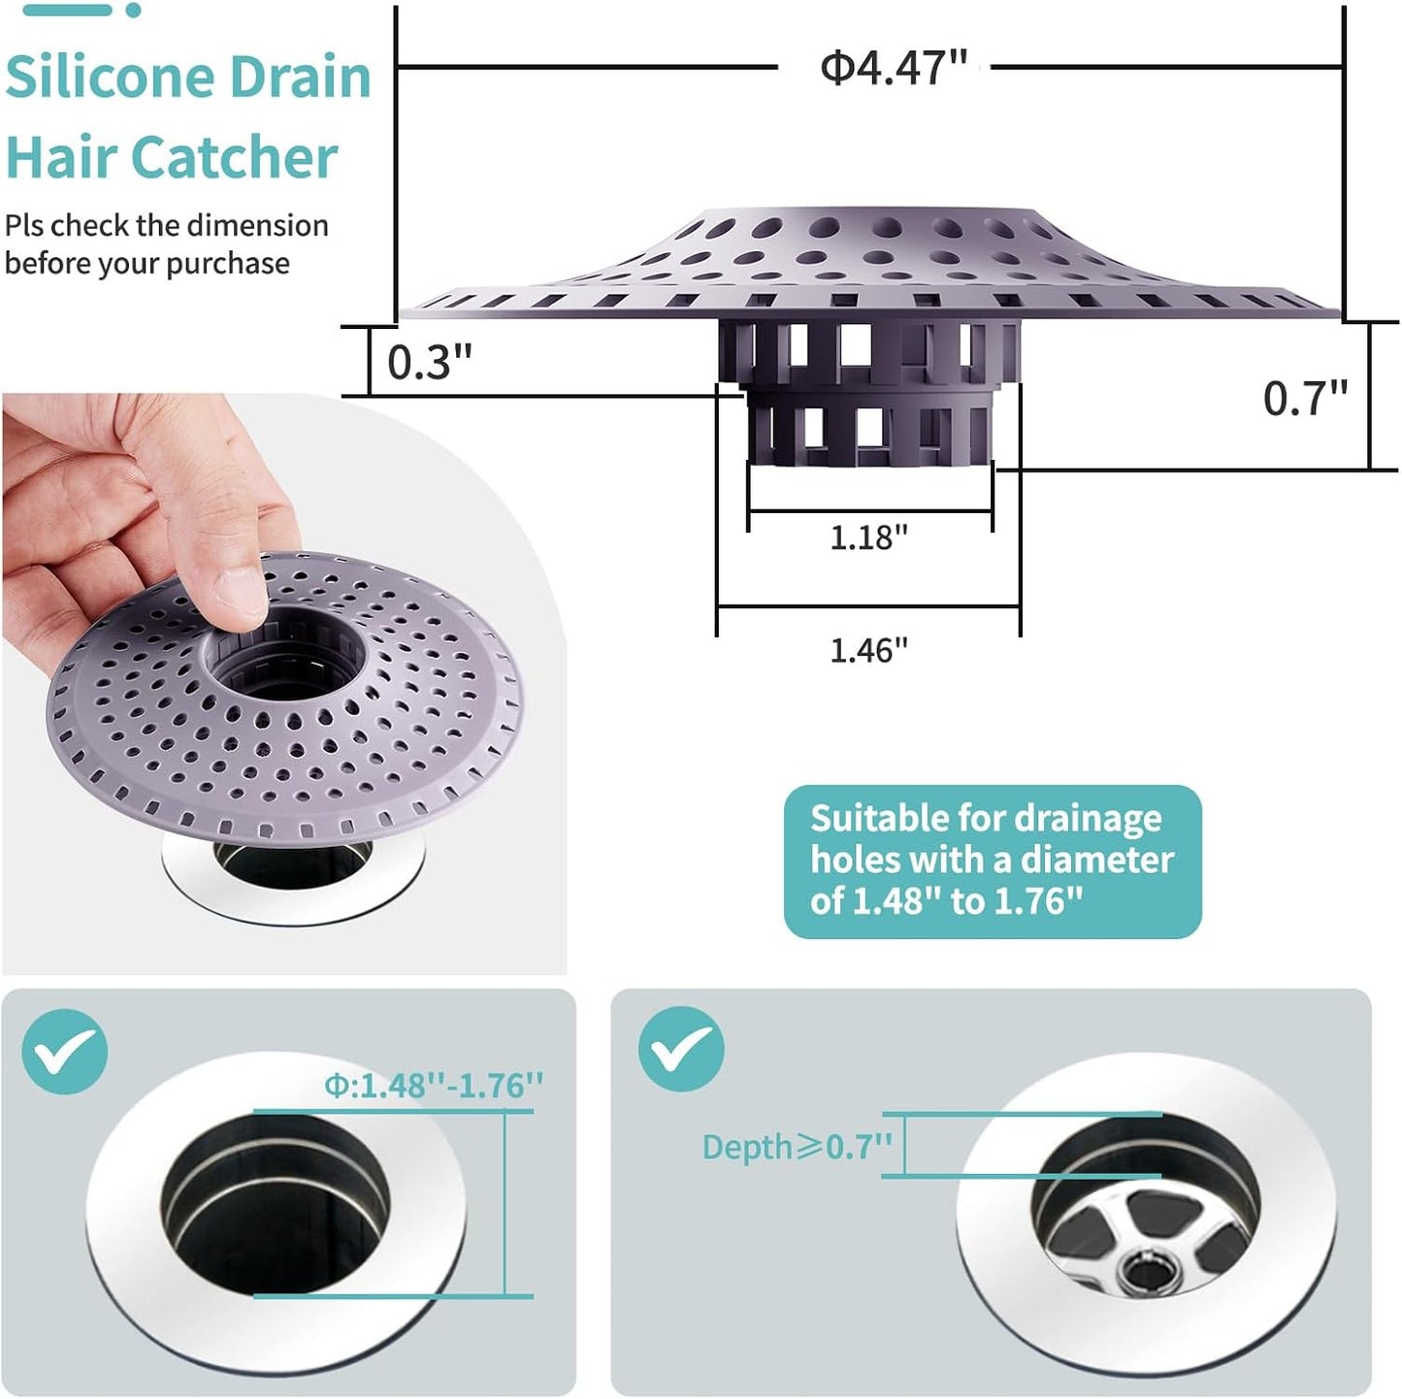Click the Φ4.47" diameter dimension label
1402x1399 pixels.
pyautogui.click(x=894, y=68)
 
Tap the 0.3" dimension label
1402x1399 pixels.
pyautogui.click(x=429, y=363)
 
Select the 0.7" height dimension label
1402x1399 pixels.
pyautogui.click(x=1305, y=398)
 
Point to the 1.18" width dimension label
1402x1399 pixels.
pyautogui.click(x=868, y=537)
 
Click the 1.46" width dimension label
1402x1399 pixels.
pyautogui.click(x=868, y=649)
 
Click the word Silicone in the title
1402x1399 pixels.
pyautogui.click(x=107, y=78)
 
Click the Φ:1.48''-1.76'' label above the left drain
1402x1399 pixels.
pyautogui.click(x=434, y=1085)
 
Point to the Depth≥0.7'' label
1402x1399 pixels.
pyautogui.click(x=797, y=1147)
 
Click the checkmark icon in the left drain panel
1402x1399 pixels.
pyautogui.click(x=64, y=1052)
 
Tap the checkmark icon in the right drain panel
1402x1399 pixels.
pyautogui.click(x=681, y=1049)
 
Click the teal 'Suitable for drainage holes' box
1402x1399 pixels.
pyautogui.click(x=992, y=861)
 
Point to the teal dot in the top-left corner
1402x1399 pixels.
pyautogui.click(x=133, y=10)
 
